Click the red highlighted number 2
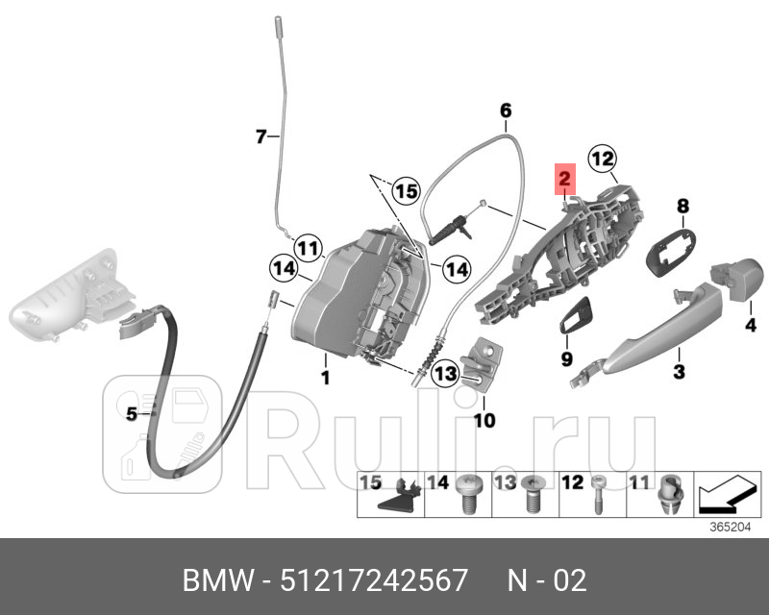[564, 179]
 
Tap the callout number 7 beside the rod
[260, 137]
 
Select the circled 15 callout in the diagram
[406, 191]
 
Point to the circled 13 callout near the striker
[444, 373]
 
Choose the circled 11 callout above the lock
[307, 248]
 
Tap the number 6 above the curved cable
[506, 111]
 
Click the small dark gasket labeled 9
[578, 316]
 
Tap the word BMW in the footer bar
[212, 579]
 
